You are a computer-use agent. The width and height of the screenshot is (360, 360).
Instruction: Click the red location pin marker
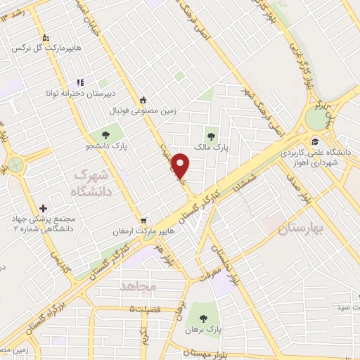(x=181, y=165)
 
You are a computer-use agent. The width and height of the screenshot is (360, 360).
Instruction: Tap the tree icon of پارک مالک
(x=210, y=136)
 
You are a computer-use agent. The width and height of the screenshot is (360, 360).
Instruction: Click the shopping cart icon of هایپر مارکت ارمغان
(x=144, y=220)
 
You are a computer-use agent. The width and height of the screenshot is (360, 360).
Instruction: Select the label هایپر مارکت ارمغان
(x=146, y=232)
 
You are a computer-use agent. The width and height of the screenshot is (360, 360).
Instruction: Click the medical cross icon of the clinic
(x=44, y=208)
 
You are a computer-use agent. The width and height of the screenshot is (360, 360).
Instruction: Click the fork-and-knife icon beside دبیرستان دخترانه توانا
(x=80, y=82)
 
